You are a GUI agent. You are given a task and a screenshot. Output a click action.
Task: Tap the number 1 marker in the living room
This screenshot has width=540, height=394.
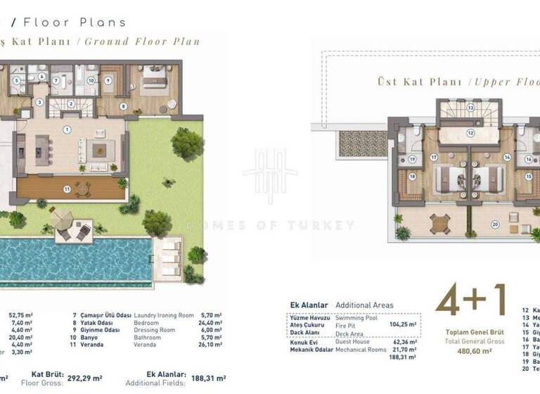67,129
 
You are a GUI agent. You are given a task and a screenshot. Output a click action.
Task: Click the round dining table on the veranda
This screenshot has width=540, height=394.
82,187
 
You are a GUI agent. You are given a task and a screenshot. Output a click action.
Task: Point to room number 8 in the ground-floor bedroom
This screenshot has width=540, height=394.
124,106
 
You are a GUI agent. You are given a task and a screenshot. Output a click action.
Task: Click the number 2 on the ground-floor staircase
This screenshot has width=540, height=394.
72,103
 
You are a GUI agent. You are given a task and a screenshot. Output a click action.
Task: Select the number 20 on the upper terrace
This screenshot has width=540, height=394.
495,224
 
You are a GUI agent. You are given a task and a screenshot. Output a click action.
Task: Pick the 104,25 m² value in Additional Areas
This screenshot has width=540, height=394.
402,325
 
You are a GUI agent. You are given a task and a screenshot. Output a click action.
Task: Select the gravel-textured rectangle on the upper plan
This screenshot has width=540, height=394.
363,144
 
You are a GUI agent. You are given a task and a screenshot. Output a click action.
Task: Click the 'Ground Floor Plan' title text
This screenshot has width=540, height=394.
142,42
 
